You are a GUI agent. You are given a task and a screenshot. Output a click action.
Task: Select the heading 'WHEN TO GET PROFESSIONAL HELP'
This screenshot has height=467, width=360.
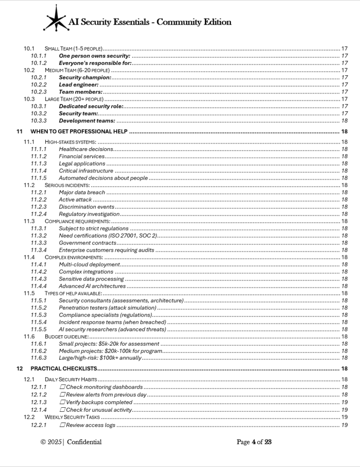point(79,132)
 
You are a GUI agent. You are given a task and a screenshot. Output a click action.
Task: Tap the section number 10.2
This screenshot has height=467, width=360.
point(29,70)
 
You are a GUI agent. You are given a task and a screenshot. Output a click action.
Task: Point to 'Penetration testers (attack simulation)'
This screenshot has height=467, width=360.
point(107,308)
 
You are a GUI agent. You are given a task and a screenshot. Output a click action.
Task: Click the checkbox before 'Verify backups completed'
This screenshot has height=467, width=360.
point(63,402)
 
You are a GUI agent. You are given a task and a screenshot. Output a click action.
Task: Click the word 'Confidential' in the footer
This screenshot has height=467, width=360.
point(84,442)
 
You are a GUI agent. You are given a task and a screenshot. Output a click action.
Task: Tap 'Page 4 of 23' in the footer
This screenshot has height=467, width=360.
point(254,442)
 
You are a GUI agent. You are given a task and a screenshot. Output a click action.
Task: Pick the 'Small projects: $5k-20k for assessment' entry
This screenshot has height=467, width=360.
point(109,344)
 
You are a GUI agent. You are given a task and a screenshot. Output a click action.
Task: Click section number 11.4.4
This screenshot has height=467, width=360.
point(38,286)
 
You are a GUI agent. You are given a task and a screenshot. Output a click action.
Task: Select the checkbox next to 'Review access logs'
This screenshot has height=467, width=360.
point(63,425)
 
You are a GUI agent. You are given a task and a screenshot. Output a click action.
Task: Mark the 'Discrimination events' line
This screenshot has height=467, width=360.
point(86,207)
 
